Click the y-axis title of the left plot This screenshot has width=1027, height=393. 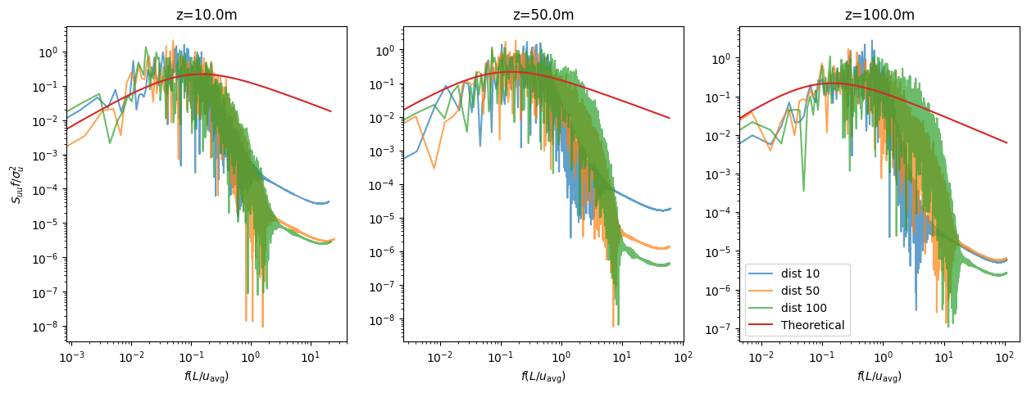(17, 184)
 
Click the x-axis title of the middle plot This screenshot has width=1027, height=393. (542, 377)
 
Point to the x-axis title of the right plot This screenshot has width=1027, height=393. (879, 377)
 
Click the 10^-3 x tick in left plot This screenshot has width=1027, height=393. (72, 357)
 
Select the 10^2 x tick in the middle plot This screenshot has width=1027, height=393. (682, 357)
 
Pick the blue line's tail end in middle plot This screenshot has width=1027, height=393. (670, 209)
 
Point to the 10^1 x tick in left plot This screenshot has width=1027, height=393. (311, 357)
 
